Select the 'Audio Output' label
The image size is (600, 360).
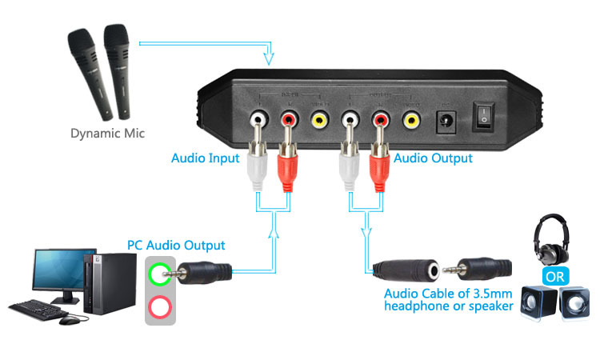click(x=432, y=158)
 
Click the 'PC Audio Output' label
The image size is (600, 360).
click(x=176, y=245)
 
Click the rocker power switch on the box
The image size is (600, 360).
click(x=485, y=118)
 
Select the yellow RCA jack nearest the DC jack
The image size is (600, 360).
click(x=411, y=121)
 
